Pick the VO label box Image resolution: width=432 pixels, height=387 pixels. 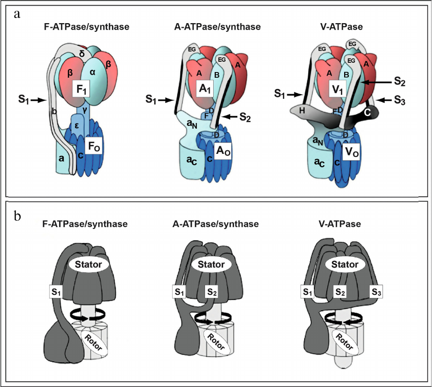352,152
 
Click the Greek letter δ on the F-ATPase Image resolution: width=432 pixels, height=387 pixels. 81,54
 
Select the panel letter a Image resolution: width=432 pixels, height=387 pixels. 17,14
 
